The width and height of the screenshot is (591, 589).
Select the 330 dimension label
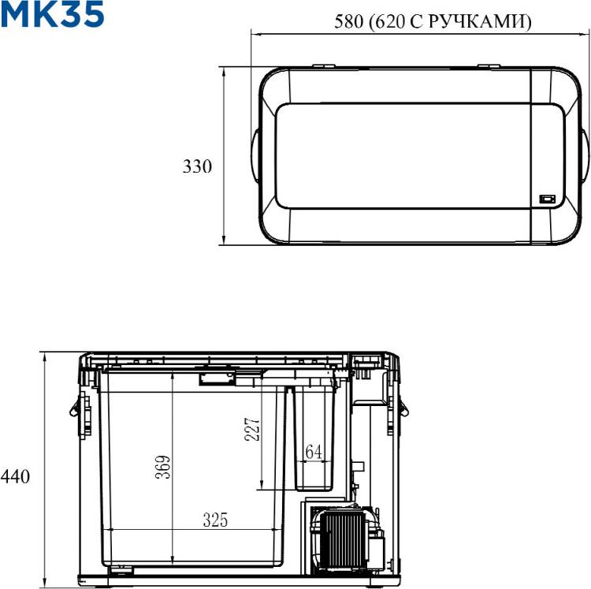[197, 166]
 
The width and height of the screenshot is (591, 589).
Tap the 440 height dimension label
[15, 476]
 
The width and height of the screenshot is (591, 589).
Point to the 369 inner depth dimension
[163, 468]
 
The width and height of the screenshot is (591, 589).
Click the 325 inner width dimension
[216, 520]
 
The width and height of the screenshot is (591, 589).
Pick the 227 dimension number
[252, 429]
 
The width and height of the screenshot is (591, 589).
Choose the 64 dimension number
[314, 452]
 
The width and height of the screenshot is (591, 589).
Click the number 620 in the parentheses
[390, 21]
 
